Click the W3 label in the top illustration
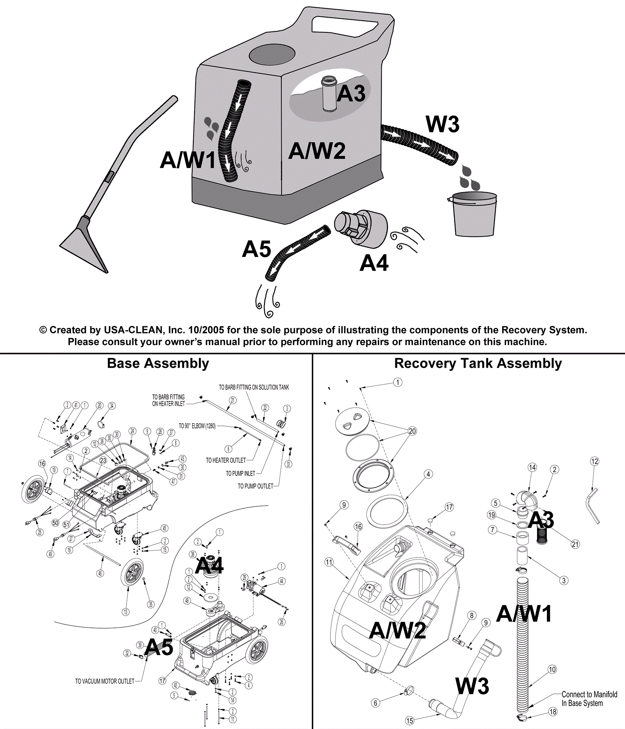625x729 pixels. click(442, 124)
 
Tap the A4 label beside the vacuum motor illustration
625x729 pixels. click(374, 263)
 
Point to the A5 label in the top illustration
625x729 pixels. click(256, 249)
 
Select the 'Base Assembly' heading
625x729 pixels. click(158, 364)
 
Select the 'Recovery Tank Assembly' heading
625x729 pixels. click(478, 364)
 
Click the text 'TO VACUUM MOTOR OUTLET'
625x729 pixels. click(105, 681)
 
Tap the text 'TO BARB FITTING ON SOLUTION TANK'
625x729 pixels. click(254, 387)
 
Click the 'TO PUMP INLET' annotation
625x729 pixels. click(240, 473)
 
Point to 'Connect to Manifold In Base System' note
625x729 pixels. click(589, 699)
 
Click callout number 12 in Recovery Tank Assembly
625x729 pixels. click(595, 462)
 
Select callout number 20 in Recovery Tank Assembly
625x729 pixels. click(412, 431)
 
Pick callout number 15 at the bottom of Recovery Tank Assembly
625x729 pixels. click(409, 720)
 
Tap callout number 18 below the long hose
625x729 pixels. click(553, 711)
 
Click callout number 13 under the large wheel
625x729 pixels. click(125, 612)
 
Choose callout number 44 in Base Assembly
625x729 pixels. click(282, 581)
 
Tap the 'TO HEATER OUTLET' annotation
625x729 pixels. click(226, 460)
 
